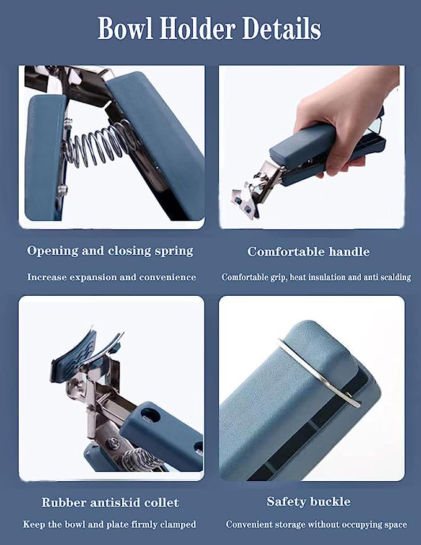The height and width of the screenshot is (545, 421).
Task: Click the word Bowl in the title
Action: click(125, 29)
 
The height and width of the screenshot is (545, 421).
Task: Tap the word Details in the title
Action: click(281, 29)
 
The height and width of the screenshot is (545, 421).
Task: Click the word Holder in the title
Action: click(197, 29)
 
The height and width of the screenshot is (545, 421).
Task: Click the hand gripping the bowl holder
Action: click(342, 115)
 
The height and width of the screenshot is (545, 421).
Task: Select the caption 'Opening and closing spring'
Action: click(110, 251)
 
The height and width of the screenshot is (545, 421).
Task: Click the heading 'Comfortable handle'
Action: click(308, 252)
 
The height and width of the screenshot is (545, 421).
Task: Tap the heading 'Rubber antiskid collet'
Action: click(110, 503)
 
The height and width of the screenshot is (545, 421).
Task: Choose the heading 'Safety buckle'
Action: click(309, 502)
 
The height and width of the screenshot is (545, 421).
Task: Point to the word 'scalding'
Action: click(396, 277)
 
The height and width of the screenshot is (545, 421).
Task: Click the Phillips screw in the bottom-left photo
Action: click(114, 443)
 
